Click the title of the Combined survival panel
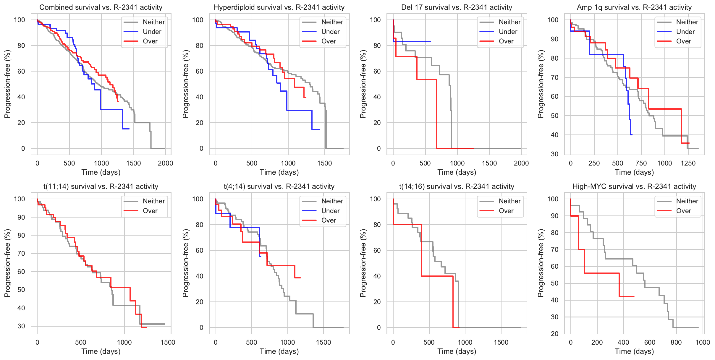[x=101, y=7]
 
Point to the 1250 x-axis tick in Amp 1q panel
[x=688, y=163]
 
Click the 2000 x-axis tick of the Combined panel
[x=165, y=163]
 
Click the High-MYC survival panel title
[x=634, y=187]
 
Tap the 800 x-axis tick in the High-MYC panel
[x=676, y=342]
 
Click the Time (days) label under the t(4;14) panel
[x=279, y=351]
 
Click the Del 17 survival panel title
[x=457, y=7]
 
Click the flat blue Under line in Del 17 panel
[x=414, y=41]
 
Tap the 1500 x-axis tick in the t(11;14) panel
[x=168, y=342]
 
